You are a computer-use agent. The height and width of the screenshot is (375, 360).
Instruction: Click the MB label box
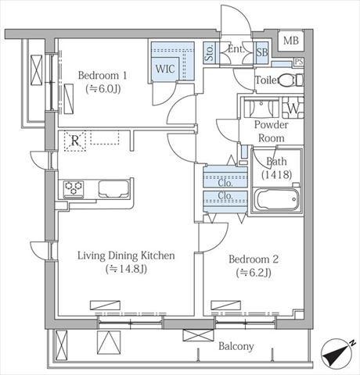tap(291, 41)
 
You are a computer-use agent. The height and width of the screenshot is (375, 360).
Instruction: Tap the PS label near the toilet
tap(299, 62)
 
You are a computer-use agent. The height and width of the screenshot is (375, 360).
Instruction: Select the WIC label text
tap(165, 69)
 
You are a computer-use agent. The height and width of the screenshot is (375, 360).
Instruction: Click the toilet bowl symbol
tap(290, 80)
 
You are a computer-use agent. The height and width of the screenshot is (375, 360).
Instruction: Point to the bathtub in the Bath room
tap(276, 200)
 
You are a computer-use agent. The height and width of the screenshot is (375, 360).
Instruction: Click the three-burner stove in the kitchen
tap(74, 188)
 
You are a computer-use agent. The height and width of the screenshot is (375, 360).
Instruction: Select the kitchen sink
tap(113, 189)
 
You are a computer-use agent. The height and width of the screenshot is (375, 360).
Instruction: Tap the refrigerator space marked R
tap(75, 141)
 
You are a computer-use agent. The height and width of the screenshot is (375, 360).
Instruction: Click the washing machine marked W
tap(293, 108)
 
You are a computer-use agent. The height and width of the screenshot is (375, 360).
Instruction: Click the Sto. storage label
tap(209, 52)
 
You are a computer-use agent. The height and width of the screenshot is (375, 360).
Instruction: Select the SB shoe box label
tap(261, 52)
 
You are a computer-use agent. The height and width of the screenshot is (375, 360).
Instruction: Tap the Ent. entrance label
tap(236, 49)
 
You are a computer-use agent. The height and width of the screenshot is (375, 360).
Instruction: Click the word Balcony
tap(236, 346)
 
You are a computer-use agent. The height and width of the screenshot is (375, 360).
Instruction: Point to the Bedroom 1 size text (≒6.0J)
tap(103, 89)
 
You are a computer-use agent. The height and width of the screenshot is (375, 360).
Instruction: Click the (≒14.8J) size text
tap(126, 269)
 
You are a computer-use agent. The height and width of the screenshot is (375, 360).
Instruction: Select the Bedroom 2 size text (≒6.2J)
tap(254, 273)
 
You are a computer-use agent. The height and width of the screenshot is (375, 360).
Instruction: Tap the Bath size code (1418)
tap(276, 174)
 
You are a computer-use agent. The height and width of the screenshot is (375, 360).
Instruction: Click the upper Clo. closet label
tap(225, 183)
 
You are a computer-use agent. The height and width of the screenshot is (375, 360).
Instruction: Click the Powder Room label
tap(272, 131)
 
